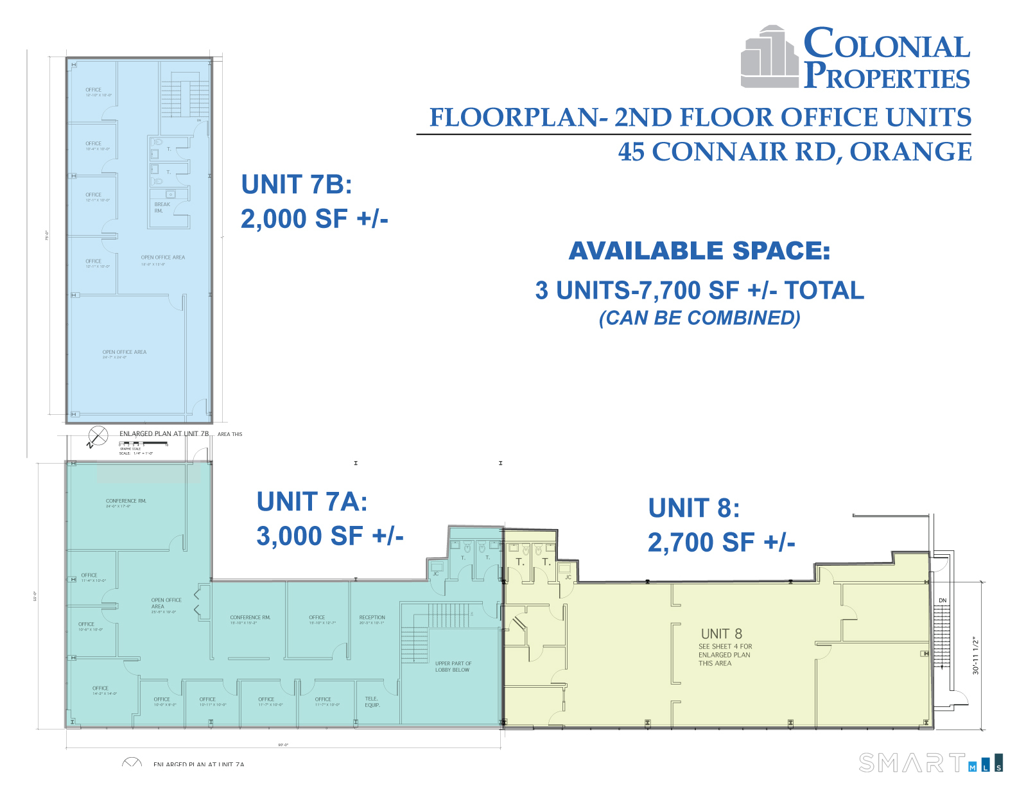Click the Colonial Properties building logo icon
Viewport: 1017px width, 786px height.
coord(769,58)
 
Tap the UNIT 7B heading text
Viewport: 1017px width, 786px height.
coord(297,185)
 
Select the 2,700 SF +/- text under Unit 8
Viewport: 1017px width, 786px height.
coord(721,543)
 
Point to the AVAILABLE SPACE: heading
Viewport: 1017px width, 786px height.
coord(699,251)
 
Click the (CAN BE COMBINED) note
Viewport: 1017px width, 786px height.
coord(699,318)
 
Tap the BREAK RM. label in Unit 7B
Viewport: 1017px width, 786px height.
coord(162,207)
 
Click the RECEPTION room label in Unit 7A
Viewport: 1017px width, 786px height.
coord(372,618)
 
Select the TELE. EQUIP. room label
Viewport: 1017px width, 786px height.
coord(372,702)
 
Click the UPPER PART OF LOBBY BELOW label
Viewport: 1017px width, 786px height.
coord(453,667)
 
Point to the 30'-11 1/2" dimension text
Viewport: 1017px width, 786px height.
coord(975,655)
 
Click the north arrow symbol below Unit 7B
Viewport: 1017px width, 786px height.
coord(98,437)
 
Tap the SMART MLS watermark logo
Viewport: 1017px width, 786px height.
coord(929,762)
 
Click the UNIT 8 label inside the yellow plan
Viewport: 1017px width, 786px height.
coord(721,634)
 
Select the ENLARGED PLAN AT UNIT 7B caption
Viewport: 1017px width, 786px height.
coord(164,434)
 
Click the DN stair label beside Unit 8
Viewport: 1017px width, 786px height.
coord(943,601)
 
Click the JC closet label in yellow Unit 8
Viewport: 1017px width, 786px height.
coord(568,577)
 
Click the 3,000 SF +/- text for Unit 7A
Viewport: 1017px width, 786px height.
coord(329,536)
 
